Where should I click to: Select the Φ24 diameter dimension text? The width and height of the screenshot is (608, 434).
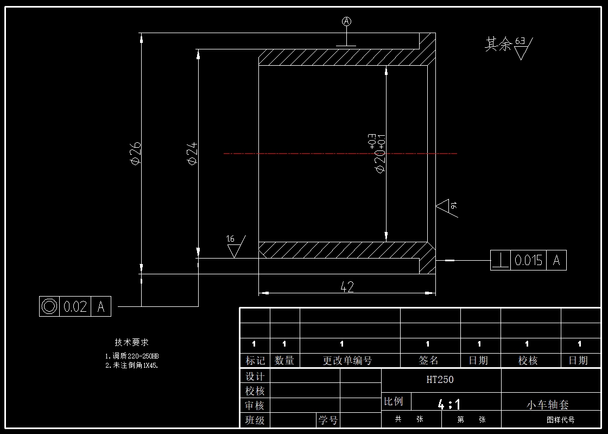pyautogui.click(x=192, y=154)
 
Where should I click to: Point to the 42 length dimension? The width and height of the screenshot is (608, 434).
pyautogui.click(x=347, y=287)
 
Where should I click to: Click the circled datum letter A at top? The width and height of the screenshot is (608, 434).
pyautogui.click(x=347, y=21)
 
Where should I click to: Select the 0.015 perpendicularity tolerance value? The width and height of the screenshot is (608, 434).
pyautogui.click(x=528, y=261)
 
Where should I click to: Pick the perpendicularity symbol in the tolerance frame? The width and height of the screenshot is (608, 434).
pyautogui.click(x=500, y=261)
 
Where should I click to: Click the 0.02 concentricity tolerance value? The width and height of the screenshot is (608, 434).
pyautogui.click(x=75, y=307)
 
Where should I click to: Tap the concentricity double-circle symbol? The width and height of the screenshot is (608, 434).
pyautogui.click(x=49, y=307)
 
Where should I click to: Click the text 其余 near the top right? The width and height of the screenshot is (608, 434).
pyautogui.click(x=498, y=45)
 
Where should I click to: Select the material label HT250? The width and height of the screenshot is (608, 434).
pyautogui.click(x=440, y=380)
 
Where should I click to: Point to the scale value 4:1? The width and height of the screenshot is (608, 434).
pyautogui.click(x=449, y=404)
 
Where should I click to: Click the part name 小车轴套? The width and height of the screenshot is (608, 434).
pyautogui.click(x=548, y=405)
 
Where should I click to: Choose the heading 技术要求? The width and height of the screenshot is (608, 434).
pyautogui.click(x=131, y=342)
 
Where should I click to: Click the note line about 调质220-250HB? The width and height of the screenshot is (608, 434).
pyautogui.click(x=132, y=356)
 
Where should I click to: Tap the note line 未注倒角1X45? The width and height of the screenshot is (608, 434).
pyautogui.click(x=132, y=366)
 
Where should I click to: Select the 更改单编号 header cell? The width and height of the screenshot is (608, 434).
pyautogui.click(x=348, y=361)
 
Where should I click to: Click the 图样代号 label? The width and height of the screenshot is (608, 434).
pyautogui.click(x=561, y=420)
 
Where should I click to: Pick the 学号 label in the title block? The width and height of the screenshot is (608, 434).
pyautogui.click(x=328, y=420)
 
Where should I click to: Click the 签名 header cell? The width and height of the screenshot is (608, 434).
pyautogui.click(x=429, y=361)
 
